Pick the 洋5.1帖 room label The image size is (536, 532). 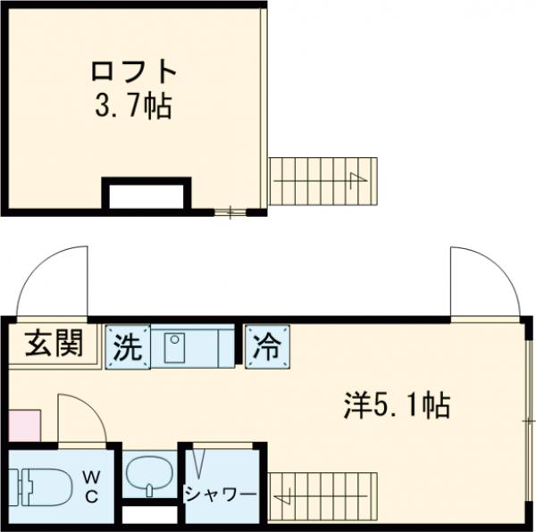(396, 406)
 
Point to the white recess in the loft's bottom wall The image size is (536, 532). (147, 195)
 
